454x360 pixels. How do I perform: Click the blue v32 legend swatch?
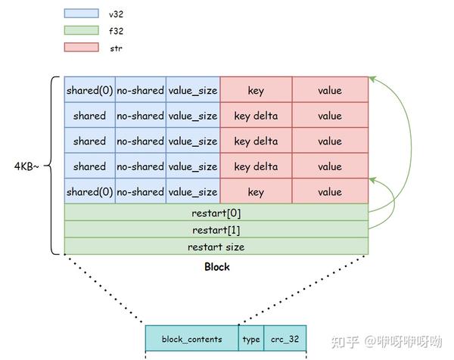[x=82, y=13]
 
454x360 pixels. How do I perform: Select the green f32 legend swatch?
[x=82, y=30]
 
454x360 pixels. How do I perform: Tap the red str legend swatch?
[x=82, y=48]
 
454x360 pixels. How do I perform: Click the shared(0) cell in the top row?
[x=89, y=90]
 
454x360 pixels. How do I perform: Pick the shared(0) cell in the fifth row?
[x=89, y=191]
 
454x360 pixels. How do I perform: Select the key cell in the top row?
[x=256, y=90]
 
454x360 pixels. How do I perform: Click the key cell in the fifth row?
[x=256, y=191]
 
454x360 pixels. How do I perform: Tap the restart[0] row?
[x=216, y=213]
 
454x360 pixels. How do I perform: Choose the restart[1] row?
[x=216, y=230]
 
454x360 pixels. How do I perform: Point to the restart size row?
[x=216, y=247]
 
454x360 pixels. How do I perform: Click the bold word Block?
[x=217, y=267]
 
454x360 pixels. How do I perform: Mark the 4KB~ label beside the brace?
[x=25, y=165]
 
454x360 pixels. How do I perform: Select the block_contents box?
[x=191, y=339]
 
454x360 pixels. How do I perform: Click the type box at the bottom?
[x=251, y=339]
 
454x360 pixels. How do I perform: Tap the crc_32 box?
[x=285, y=339]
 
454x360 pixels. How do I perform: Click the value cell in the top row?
[x=330, y=90]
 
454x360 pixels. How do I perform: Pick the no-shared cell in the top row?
[x=140, y=90]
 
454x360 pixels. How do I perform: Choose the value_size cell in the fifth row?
[x=193, y=191]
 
